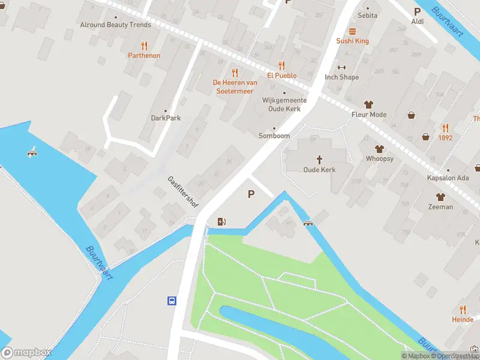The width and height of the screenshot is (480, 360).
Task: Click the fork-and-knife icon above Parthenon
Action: coord(144,45)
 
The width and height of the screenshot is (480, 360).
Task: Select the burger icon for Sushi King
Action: coord(352,31)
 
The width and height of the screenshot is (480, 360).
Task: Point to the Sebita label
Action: coord(367,16)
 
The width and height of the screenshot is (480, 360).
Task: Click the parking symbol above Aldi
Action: coord(417,11)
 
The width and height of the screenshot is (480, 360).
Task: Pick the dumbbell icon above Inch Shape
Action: coord(342,67)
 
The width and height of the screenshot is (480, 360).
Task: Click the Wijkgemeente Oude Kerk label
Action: coord(284,104)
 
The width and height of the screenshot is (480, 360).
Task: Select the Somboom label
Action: coord(274,136)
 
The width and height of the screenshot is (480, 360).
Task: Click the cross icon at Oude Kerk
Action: coord(319,160)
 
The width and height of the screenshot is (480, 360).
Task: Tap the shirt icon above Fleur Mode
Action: coord(368,104)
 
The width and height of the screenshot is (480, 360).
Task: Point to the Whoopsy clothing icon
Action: coord(379,149)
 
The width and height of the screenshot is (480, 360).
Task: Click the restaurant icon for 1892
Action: coord(445,127)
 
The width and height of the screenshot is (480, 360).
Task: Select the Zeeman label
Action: coord(440,206)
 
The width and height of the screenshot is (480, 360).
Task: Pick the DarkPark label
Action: coord(166,118)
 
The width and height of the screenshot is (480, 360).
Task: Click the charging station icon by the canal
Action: coord(222,222)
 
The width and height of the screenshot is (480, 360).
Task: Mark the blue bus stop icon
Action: coord(172,301)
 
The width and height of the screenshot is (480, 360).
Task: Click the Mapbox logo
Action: coord(26,353)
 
